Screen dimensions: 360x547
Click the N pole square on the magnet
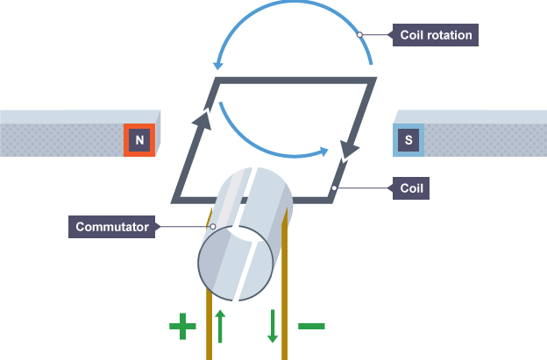pos(139,140)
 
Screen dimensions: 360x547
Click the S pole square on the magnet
pos(408,140)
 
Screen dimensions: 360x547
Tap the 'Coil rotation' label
pos(436,36)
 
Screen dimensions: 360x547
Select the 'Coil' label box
pos(413,187)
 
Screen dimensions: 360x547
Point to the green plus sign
pos(182,327)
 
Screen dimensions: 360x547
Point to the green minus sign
pos(311,327)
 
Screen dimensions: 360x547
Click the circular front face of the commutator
pos(227,263)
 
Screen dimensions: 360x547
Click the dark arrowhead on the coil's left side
pos(202,120)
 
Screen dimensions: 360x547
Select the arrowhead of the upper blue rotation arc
pos(218,61)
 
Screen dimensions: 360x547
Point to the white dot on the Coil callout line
pos(337,187)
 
